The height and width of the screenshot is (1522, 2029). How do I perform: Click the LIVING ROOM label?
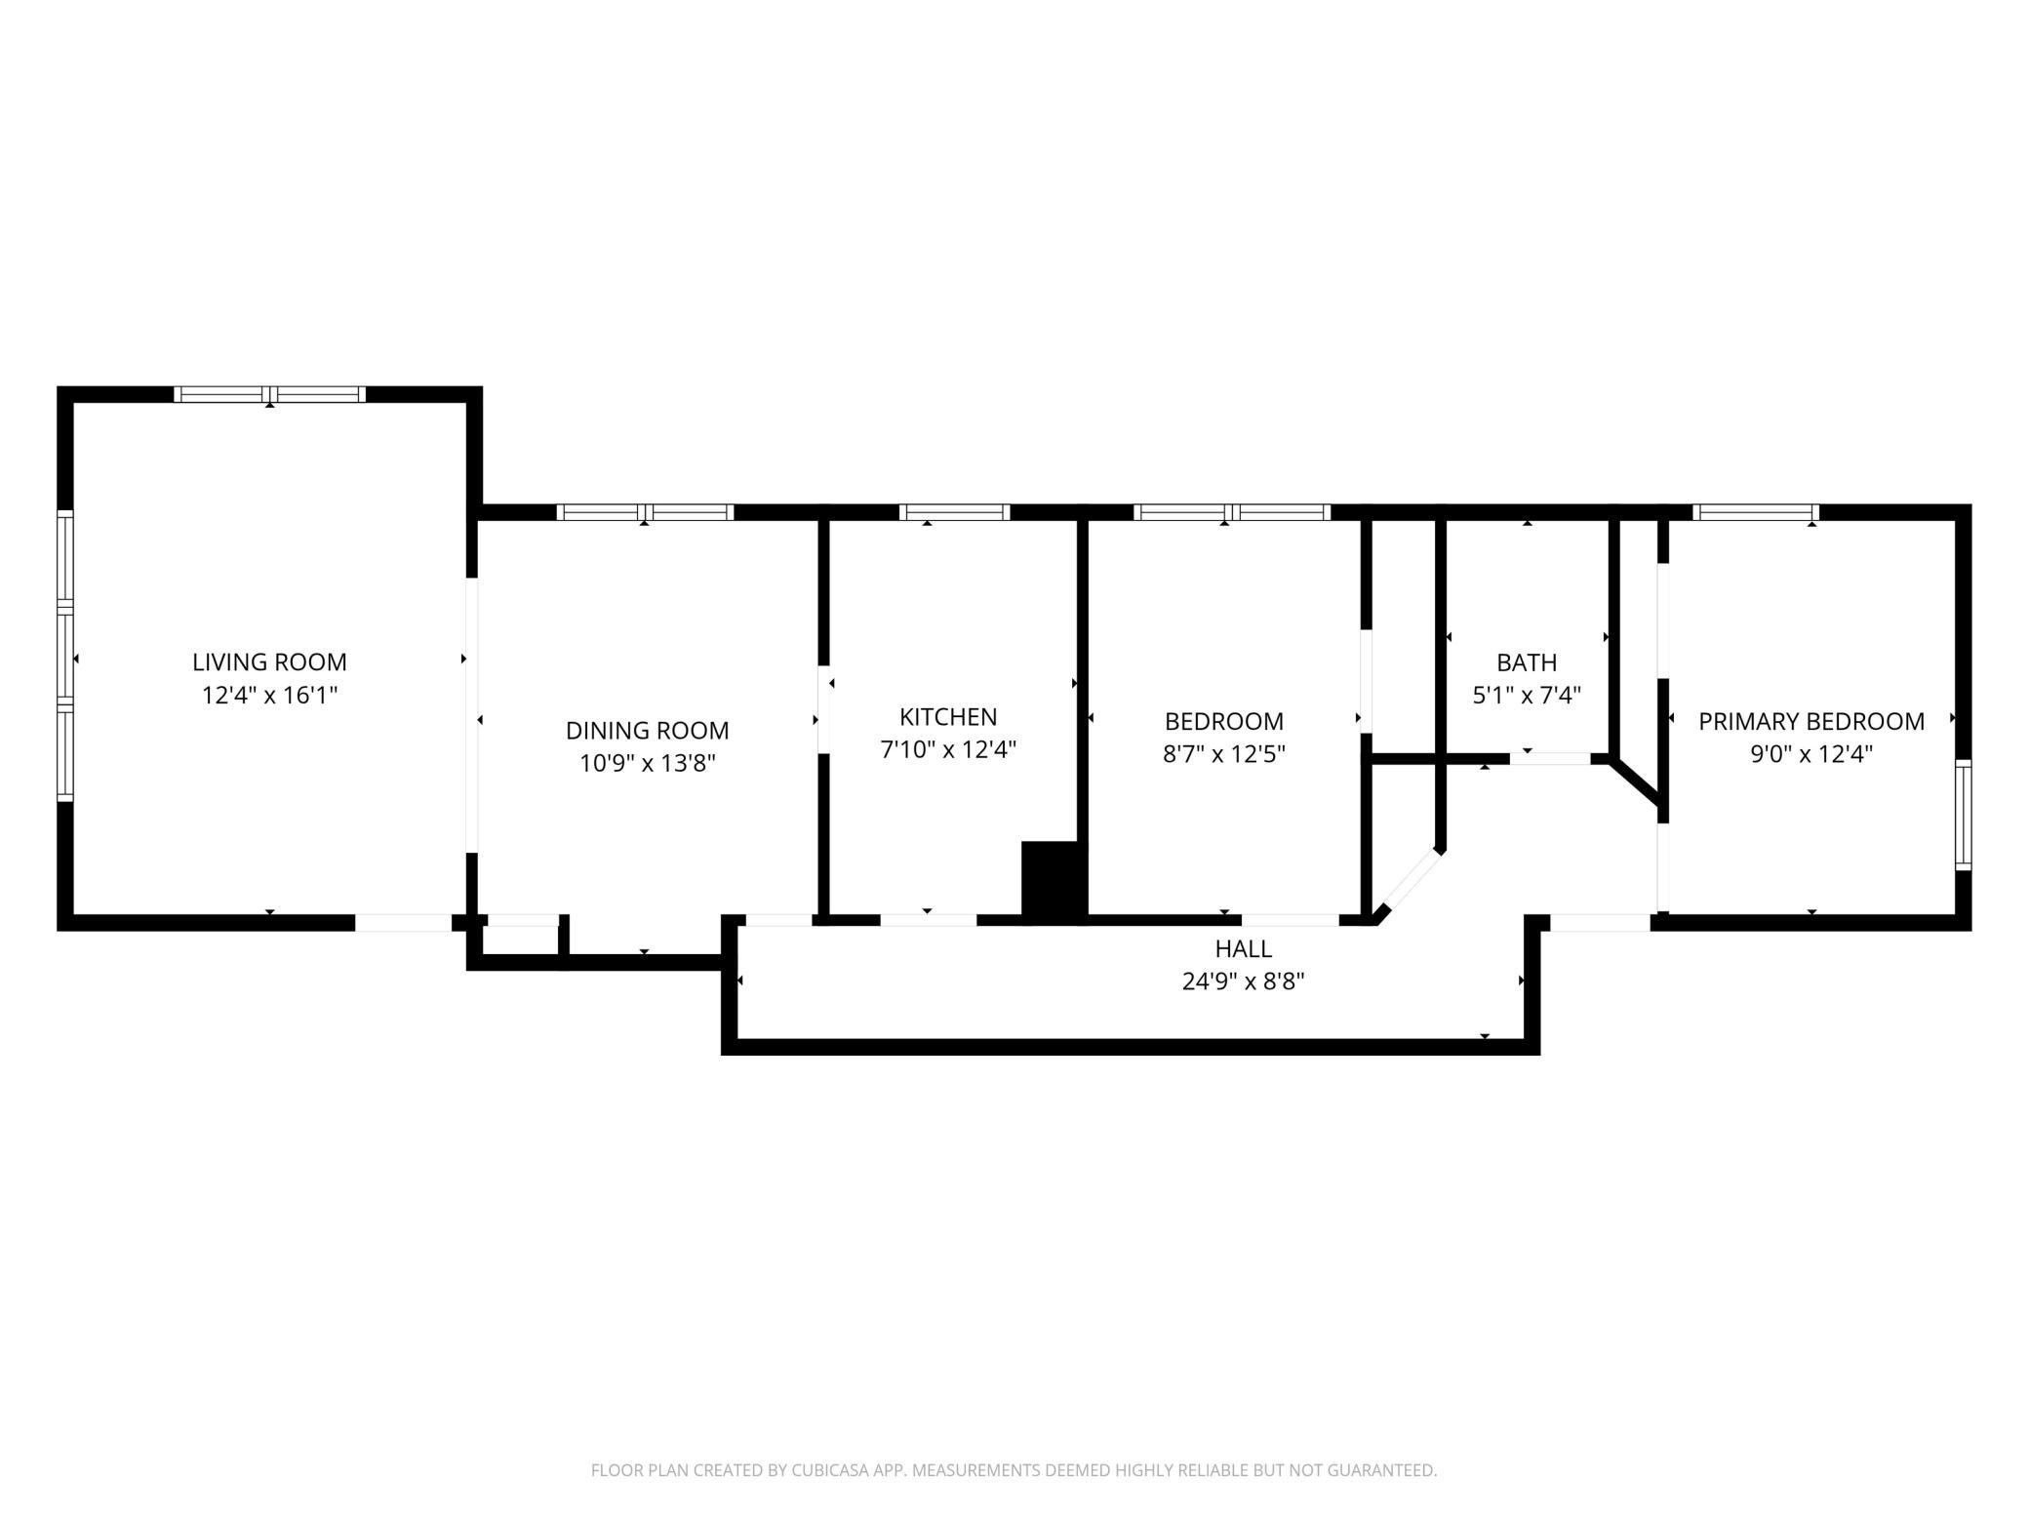click(x=269, y=661)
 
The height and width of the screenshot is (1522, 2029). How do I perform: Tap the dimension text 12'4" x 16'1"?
click(x=269, y=695)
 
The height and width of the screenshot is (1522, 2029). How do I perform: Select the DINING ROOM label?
click(x=647, y=730)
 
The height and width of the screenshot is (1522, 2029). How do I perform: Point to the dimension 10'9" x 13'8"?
click(x=647, y=763)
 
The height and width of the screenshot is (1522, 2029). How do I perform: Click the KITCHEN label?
click(x=948, y=716)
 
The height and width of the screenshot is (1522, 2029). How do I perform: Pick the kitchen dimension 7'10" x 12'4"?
click(x=948, y=749)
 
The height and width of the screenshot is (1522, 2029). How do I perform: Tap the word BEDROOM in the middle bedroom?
click(x=1223, y=721)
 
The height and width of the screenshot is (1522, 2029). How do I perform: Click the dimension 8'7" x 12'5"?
click(x=1223, y=753)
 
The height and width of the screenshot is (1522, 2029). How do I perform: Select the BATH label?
click(x=1527, y=662)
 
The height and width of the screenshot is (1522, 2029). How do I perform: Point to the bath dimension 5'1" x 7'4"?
click(x=1527, y=695)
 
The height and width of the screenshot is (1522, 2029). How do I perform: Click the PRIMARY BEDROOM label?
click(x=1811, y=721)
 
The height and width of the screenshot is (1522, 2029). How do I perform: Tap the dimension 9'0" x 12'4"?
click(x=1811, y=753)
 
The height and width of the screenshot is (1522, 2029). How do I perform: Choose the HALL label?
click(x=1244, y=948)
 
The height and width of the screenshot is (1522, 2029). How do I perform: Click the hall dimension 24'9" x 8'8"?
click(x=1244, y=981)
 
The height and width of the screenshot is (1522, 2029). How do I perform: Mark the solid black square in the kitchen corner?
click(x=1054, y=881)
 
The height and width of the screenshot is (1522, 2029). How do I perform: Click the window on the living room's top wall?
click(x=269, y=394)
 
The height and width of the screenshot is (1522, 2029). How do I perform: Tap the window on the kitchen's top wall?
click(x=954, y=512)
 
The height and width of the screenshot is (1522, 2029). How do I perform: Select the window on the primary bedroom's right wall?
click(x=1964, y=815)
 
